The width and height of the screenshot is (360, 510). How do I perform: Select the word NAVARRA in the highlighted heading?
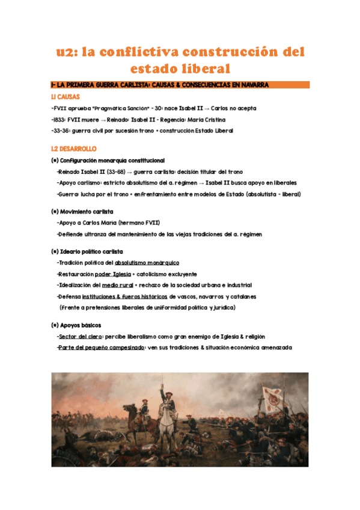pyautogui.click(x=251, y=85)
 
